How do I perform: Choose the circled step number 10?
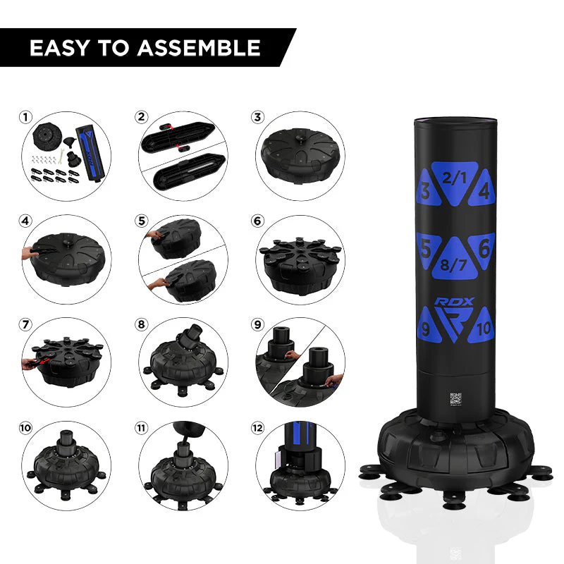27,428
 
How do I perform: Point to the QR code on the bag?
455,397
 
